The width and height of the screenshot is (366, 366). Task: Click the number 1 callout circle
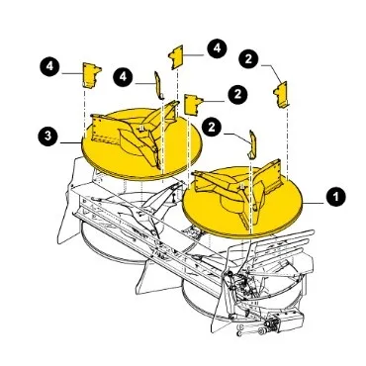[335, 197]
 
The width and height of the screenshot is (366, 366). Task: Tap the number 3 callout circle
[48, 136]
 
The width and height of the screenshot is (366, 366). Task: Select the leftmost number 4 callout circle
[49, 66]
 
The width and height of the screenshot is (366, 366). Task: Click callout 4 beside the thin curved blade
[123, 77]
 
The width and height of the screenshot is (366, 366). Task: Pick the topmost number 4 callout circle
[217, 48]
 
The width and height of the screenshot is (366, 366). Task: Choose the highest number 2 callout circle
[248, 58]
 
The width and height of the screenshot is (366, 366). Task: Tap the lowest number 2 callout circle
[212, 128]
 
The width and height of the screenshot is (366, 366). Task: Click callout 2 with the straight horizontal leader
[237, 95]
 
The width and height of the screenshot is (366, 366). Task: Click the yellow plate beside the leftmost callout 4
[92, 75]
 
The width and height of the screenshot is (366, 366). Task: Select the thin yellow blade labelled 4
[158, 85]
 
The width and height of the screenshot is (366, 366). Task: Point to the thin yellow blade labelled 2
[252, 144]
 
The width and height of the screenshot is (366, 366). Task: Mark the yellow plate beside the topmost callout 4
[176, 57]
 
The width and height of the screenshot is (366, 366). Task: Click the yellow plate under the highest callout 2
[281, 94]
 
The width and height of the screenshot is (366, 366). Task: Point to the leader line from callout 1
[314, 204]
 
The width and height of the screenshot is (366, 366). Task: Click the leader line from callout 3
[71, 142]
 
